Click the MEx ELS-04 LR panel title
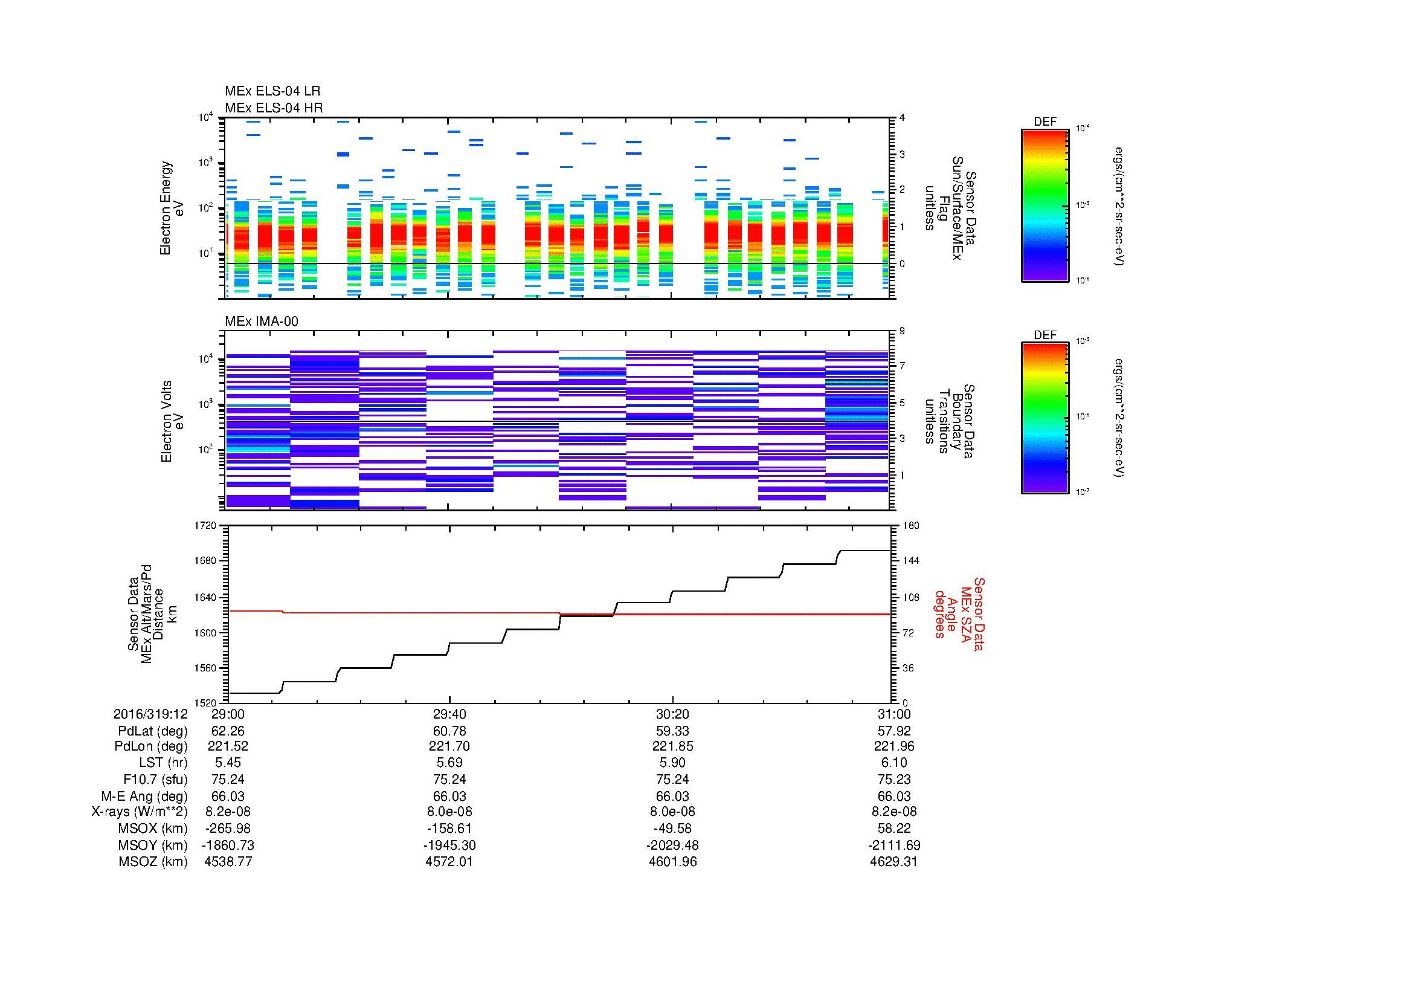tap(272, 91)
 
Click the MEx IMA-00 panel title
tap(261, 322)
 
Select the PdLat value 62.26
tap(228, 731)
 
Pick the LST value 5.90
tap(672, 763)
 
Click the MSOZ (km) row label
tap(153, 862)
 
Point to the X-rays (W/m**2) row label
tap(139, 812)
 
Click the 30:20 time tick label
tap(672, 714)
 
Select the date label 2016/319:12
tap(150, 714)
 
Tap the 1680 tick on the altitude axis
tap(205, 561)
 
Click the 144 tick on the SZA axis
tap(910, 561)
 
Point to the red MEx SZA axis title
tap(959, 614)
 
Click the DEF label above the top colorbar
tap(1044, 122)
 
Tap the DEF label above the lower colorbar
tap(1044, 335)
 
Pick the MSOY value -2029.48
tap(672, 845)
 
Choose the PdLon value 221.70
tap(450, 746)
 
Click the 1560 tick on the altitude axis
tap(205, 668)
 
